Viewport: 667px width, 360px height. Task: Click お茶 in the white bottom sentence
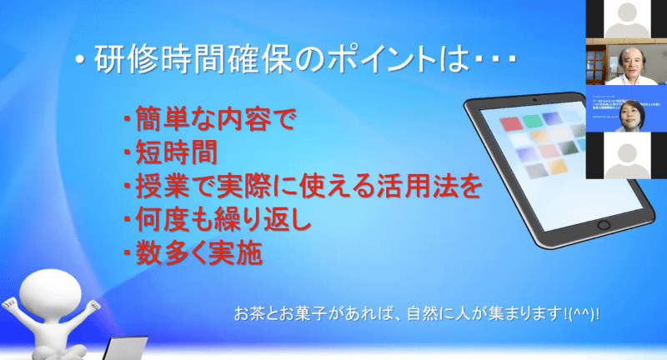[248, 313]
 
